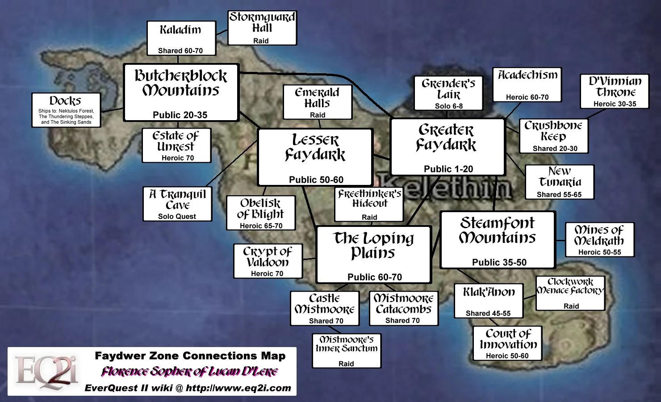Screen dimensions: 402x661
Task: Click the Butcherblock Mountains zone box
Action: tap(181, 92)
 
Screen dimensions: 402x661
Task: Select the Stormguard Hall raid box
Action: tap(262, 28)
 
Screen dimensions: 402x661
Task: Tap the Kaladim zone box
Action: tap(181, 38)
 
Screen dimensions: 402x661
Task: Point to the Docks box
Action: tap(66, 110)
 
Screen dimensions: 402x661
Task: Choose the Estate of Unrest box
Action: tap(176, 146)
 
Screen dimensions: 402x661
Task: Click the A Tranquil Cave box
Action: tap(177, 204)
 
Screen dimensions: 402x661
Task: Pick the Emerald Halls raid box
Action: tap(318, 102)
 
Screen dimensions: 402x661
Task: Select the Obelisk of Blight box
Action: tap(261, 213)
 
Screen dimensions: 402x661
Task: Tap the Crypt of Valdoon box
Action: tap(268, 261)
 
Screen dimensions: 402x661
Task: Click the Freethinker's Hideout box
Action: tap(369, 204)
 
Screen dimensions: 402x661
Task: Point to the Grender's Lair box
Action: tap(448, 93)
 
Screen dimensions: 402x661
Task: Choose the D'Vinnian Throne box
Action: tap(615, 92)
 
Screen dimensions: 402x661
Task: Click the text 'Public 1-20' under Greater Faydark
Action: tap(448, 169)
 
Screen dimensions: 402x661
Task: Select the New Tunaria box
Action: tap(559, 182)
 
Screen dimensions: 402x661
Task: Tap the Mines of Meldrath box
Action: tap(599, 240)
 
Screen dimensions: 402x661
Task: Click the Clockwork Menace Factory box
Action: tap(570, 293)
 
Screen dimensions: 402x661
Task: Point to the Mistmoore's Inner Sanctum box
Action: tap(347, 351)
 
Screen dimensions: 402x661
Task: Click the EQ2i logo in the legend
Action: tap(46, 372)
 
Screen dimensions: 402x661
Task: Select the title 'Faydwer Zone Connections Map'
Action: tap(190, 356)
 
